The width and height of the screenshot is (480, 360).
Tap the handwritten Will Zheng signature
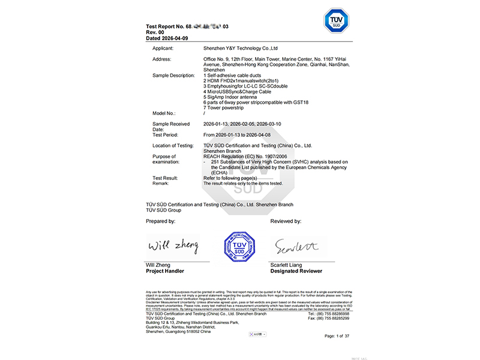tap(173, 245)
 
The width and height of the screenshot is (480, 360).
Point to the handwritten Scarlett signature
tap(296, 245)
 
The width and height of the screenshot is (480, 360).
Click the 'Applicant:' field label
tap(163, 48)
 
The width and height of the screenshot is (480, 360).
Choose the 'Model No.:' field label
tap(164, 113)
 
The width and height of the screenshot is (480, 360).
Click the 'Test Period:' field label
tap(166, 135)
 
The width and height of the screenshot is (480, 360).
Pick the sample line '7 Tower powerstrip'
tap(226, 107)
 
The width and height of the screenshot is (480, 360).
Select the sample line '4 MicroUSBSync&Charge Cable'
tap(238, 92)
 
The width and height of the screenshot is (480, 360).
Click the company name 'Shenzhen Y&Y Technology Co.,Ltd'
tap(241, 48)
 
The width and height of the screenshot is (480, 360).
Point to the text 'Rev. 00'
tap(155, 32)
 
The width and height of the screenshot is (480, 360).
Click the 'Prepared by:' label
tap(161, 221)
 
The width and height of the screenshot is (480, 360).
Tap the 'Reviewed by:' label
tap(286, 221)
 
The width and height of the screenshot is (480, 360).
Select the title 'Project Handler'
tap(165, 271)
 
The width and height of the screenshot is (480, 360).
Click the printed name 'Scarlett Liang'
tap(286, 265)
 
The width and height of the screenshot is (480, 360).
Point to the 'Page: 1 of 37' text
tap(338, 336)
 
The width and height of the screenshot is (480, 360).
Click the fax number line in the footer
tap(328, 318)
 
